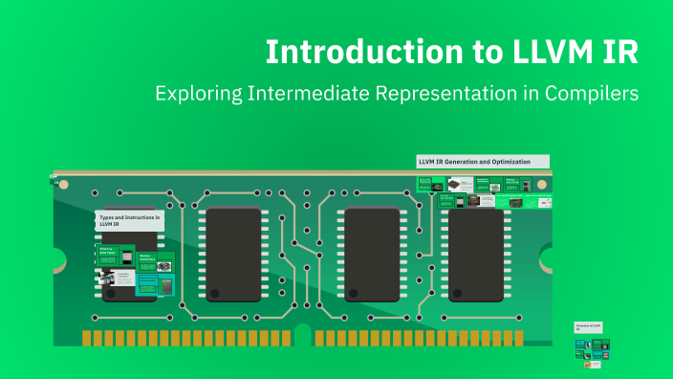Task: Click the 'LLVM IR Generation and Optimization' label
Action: click(x=483, y=161)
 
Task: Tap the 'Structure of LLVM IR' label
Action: click(x=586, y=327)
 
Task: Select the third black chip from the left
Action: click(x=372, y=254)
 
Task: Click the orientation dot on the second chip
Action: click(x=214, y=292)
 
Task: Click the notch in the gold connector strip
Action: click(x=303, y=334)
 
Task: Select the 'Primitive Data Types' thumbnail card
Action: click(x=113, y=253)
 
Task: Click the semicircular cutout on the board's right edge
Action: click(x=548, y=258)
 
